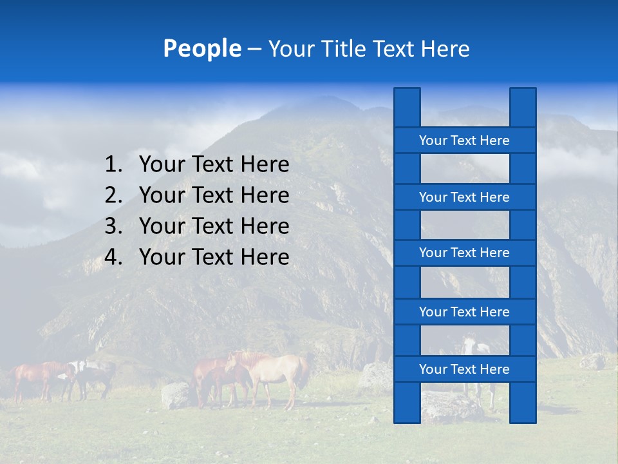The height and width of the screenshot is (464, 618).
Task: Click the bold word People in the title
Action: coord(201,48)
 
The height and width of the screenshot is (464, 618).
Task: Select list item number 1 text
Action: coord(214,165)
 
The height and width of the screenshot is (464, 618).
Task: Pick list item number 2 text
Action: coord(214,195)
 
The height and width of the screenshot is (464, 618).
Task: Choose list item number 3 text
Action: coord(214,226)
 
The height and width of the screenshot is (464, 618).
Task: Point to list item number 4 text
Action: coord(214,257)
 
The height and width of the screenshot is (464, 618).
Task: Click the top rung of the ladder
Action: coord(464,140)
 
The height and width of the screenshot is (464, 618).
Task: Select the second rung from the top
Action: coord(464,197)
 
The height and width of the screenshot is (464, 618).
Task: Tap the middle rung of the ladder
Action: coord(464,253)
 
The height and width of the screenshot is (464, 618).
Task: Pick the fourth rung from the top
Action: coord(464,312)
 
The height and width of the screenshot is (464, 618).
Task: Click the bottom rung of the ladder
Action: coord(464,369)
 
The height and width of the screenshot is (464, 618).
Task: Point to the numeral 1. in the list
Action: coord(113,165)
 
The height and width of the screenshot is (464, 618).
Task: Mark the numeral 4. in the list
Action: coord(113,257)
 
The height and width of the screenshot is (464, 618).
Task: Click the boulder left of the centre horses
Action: coord(175,394)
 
